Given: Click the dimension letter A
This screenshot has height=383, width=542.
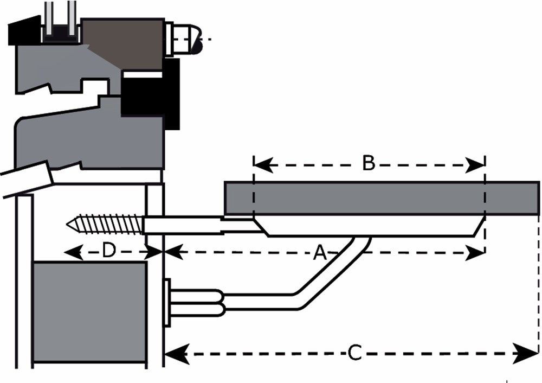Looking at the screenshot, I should (320, 252).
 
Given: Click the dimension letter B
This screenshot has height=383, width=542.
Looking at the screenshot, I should (369, 163).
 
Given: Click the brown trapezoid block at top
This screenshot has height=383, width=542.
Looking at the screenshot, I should (130, 43).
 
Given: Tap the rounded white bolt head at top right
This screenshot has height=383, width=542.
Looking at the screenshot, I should (187, 39).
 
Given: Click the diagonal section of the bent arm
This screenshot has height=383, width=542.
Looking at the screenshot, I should (331, 271).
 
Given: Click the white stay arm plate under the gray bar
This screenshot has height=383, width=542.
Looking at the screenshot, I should (369, 227).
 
